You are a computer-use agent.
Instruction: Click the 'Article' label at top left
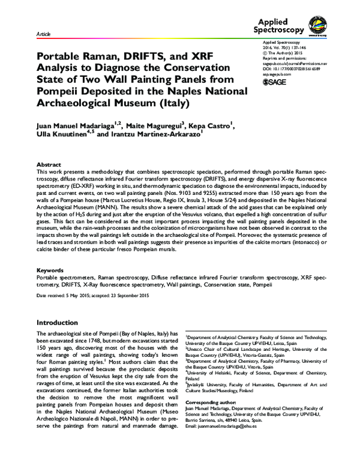coord(43,35)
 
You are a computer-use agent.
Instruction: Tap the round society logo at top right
coord(317,24)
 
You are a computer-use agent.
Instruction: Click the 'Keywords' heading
coord(50,270)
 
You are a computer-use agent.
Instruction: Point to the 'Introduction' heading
coord(62,322)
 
